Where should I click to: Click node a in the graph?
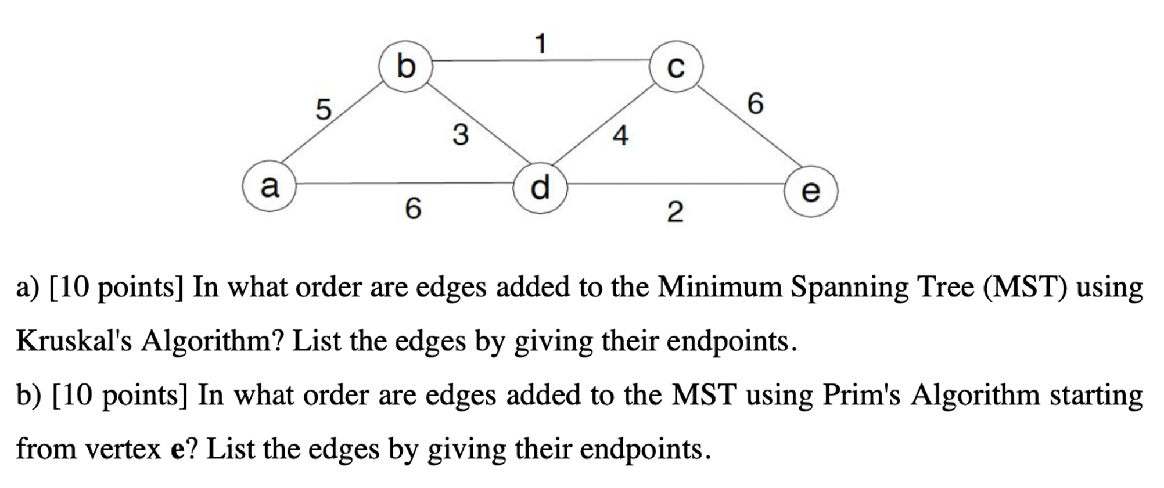pyautogui.click(x=270, y=186)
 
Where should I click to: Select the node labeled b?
pyautogui.click(x=405, y=66)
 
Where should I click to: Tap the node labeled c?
pyautogui.click(x=676, y=66)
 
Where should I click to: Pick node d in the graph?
pyautogui.click(x=540, y=187)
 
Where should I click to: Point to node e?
pyautogui.click(x=811, y=191)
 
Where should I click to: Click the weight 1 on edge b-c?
pyautogui.click(x=541, y=44)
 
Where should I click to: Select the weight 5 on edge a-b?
pyautogui.click(x=324, y=109)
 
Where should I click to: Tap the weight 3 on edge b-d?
pyautogui.click(x=461, y=135)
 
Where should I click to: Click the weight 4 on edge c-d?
pyautogui.click(x=620, y=136)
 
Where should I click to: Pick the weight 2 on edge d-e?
pyautogui.click(x=675, y=212)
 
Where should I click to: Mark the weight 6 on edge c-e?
pyautogui.click(x=755, y=103)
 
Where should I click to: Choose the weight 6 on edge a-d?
pyautogui.click(x=413, y=208)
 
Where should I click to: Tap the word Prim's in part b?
pyautogui.click(x=861, y=395)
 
